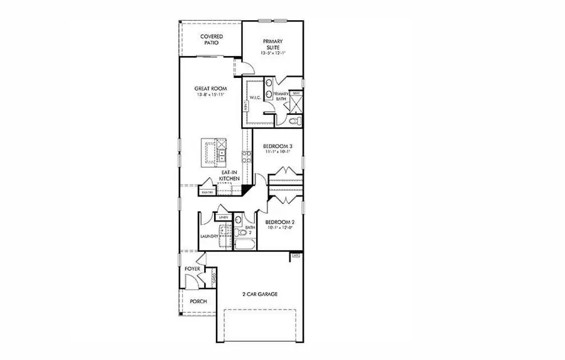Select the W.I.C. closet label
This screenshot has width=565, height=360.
255,98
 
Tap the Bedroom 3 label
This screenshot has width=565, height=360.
277,146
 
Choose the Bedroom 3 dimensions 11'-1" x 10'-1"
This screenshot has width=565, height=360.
277,153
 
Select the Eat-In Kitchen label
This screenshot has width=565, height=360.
229,176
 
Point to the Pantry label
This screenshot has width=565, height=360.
207,192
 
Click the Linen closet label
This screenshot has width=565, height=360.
223,217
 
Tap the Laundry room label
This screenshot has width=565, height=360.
209,236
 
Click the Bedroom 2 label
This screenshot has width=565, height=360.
279,222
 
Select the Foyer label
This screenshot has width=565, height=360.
192,269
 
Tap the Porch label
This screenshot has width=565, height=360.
198,302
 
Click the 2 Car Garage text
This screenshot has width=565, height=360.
260,293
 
